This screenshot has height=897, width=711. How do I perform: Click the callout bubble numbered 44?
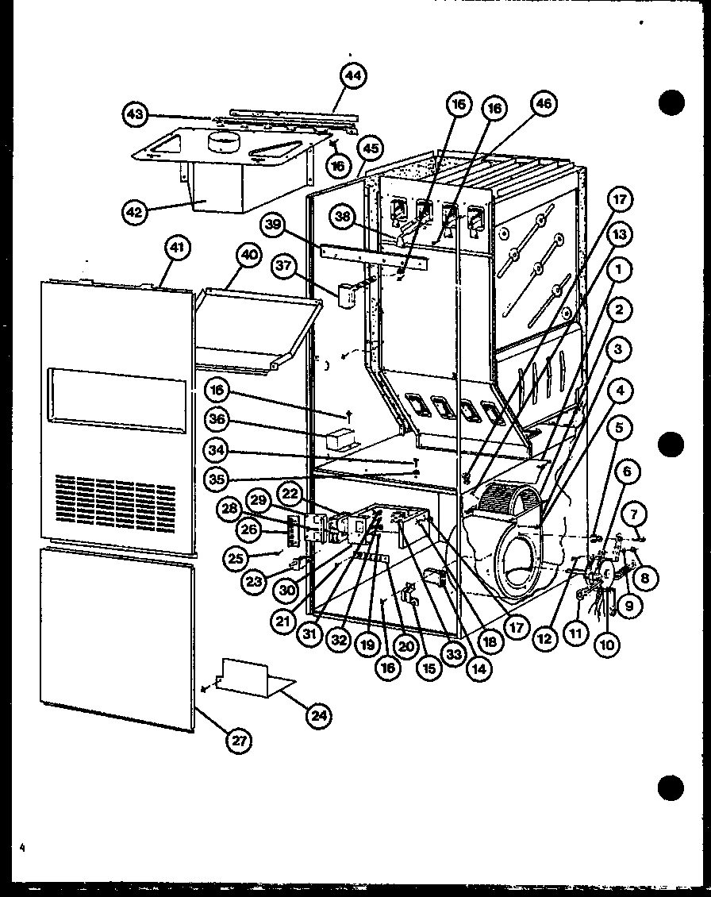353,77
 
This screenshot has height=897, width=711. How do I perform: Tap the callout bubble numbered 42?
136,212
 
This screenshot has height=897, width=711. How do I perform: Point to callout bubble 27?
238,741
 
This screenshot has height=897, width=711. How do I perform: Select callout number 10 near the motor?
607,645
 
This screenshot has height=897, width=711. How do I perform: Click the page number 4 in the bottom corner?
24,849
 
